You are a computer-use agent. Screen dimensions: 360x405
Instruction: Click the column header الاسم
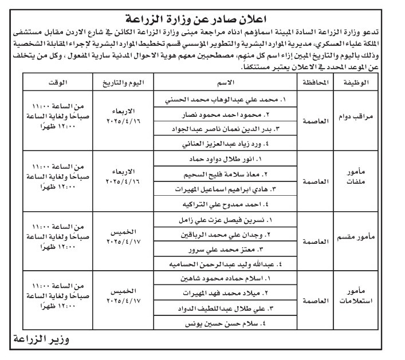point(228,82)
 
